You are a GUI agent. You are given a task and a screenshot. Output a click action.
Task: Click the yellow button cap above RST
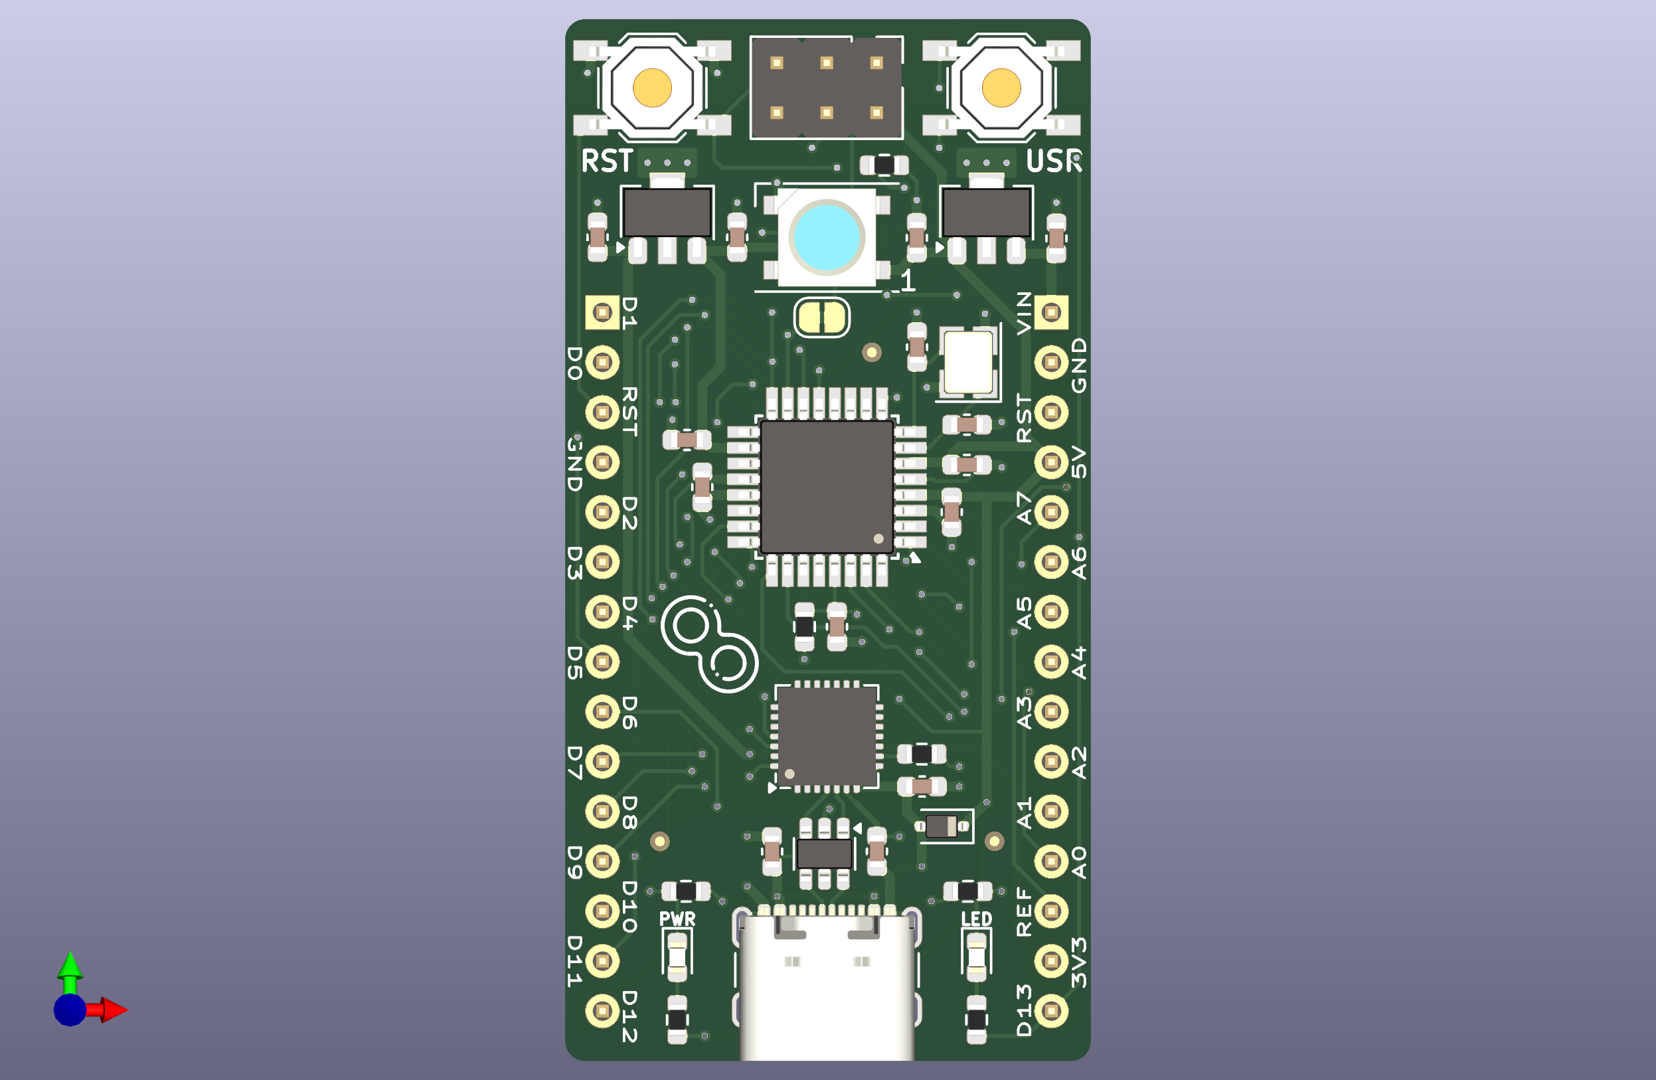[x=652, y=88]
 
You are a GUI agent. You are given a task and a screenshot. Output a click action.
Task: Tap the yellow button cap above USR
[x=1001, y=88]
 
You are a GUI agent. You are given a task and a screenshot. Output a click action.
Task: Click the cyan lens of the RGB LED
[x=827, y=238]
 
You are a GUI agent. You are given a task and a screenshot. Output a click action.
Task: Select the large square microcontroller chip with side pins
[x=827, y=487]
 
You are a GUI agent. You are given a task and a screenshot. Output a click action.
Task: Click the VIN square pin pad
[x=1051, y=312]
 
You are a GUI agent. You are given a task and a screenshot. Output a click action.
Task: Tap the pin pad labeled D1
[x=602, y=312]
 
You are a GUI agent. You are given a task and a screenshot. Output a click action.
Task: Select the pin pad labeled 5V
[x=1051, y=462]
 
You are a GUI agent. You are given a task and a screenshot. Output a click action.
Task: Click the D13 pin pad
[x=1051, y=1011]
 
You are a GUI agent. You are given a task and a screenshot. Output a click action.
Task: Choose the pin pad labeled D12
[x=602, y=1011]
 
